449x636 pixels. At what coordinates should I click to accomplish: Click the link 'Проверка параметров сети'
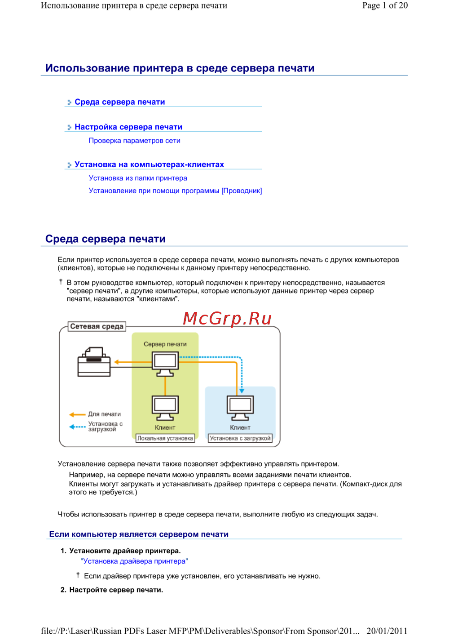point(134,141)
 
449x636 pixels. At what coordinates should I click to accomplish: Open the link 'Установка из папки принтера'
point(138,178)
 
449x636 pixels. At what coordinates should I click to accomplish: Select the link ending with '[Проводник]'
point(175,191)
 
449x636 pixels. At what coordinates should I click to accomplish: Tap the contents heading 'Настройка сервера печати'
point(128,127)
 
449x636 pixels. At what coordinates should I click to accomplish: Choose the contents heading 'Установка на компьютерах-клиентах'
point(149,165)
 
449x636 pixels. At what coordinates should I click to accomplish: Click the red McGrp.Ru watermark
point(227,318)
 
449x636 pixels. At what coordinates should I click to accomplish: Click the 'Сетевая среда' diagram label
point(97,326)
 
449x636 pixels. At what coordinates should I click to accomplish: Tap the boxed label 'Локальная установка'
point(165,438)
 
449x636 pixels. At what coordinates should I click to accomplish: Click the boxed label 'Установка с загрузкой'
point(240,438)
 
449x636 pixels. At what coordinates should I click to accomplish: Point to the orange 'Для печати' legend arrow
point(77,414)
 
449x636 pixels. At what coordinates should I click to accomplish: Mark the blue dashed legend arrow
point(77,427)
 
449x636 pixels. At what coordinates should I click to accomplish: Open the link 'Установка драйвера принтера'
point(134,561)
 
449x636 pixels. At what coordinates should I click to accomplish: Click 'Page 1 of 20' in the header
point(385,5)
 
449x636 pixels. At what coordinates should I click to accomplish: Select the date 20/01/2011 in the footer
point(387,631)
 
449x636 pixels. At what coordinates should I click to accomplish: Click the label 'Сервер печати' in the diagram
point(165,344)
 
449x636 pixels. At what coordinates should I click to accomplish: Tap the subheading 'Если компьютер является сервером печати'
point(139,534)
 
